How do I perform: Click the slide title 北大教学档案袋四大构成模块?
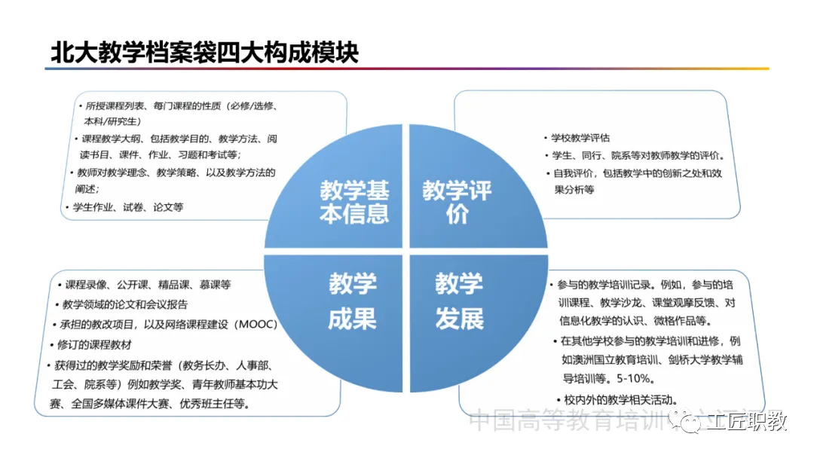tap(203, 52)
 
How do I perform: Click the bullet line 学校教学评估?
tap(580, 138)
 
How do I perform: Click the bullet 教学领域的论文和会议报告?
tap(124, 304)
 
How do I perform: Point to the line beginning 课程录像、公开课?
tap(148, 285)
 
